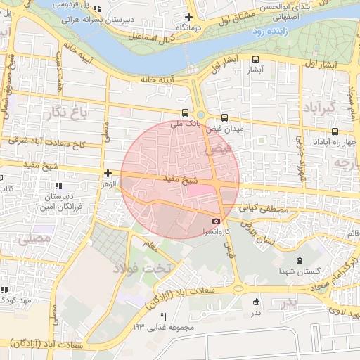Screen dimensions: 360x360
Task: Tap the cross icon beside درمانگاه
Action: pyautogui.click(x=188, y=17)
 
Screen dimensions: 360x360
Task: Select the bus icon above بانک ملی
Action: pyautogui.click(x=185, y=112)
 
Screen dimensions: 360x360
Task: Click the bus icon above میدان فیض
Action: pyautogui.click(x=224, y=118)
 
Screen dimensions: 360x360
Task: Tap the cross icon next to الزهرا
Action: pyautogui.click(x=107, y=173)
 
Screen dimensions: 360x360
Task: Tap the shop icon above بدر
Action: pyautogui.click(x=255, y=302)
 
